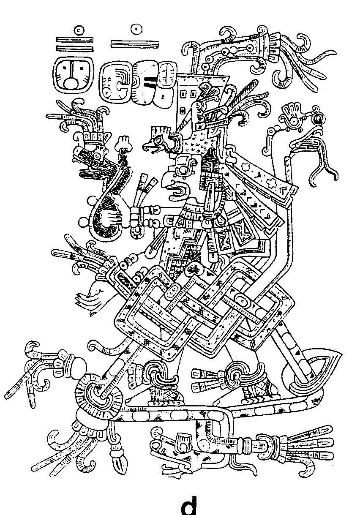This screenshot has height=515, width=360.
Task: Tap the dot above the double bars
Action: (77, 30)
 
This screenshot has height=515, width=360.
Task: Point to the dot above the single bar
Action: (135, 29)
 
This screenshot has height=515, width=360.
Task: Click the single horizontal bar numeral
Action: (135, 43)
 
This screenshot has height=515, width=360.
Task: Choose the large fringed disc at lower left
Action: (97, 393)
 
